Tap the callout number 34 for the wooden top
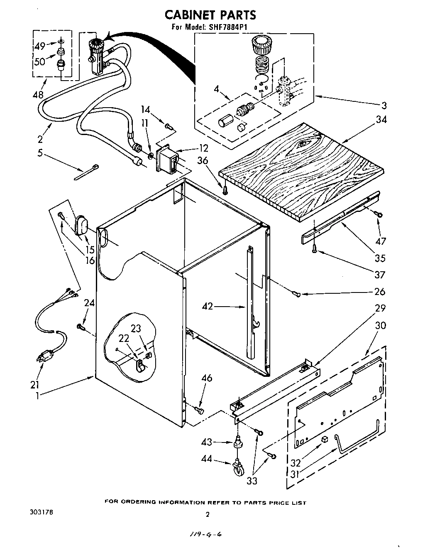381,120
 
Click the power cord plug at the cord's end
45,356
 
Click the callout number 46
206,378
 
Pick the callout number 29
380,308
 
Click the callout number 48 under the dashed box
38,95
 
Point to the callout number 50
39,62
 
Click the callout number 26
380,292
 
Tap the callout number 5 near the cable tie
40,153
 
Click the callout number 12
203,148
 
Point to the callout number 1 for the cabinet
37,396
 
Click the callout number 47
380,241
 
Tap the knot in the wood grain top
303,144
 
